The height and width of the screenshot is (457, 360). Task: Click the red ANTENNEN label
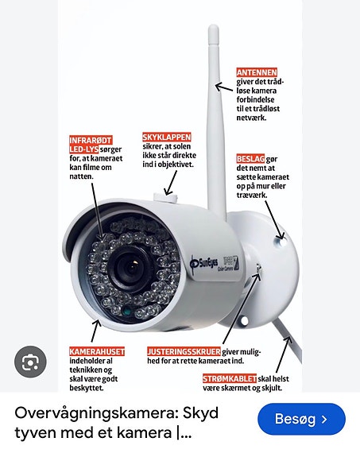257,72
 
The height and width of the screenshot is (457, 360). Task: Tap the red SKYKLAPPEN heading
166,137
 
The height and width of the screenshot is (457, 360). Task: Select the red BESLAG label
250,159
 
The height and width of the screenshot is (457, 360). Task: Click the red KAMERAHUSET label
97,351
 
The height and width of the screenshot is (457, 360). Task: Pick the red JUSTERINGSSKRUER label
184,351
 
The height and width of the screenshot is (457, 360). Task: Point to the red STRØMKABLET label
230,378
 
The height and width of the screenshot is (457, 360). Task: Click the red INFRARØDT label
91,140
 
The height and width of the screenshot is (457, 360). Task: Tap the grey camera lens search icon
30,362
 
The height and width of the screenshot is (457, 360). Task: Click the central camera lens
132,268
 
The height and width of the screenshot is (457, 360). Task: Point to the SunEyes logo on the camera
204,263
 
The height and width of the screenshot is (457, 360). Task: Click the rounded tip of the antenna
213,29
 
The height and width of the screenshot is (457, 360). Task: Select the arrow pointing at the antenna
224,87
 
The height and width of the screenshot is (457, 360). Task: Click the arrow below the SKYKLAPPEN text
171,183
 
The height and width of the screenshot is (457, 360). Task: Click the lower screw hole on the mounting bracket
245,321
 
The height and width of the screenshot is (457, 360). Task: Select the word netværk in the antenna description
251,118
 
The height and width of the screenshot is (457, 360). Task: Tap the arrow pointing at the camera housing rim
96,331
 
